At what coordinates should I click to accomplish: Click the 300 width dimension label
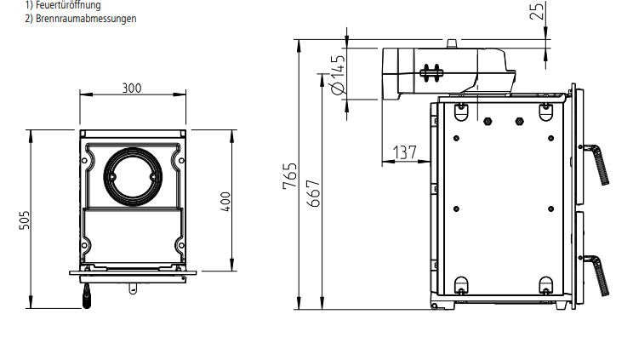[132, 88]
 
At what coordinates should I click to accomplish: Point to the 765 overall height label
[291, 175]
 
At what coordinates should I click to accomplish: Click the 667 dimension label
[313, 195]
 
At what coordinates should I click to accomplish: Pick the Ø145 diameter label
[337, 75]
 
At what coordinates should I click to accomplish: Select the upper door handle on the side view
[597, 163]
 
